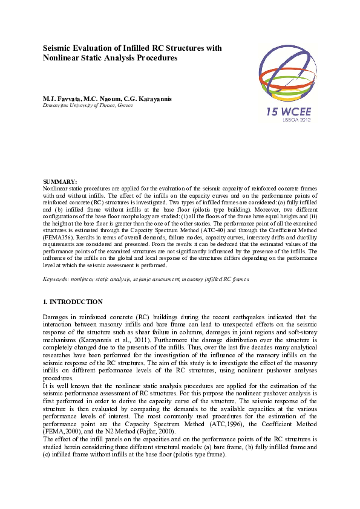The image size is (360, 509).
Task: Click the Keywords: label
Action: (x=55, y=279)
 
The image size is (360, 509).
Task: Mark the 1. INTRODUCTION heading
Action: (x=73, y=302)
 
